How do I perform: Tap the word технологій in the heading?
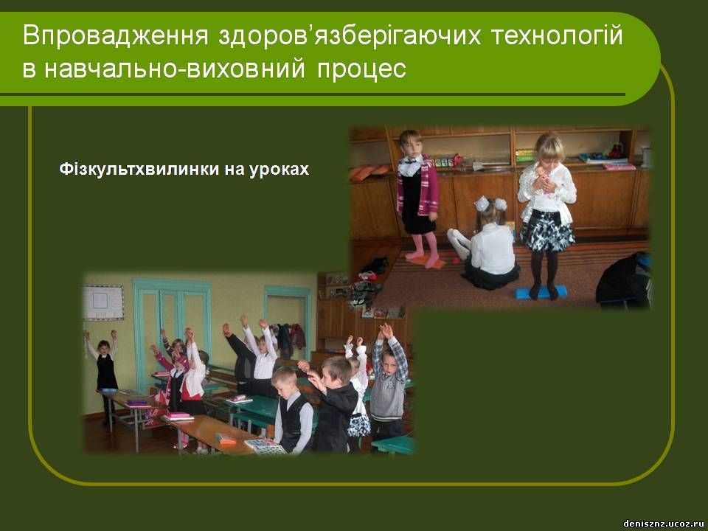(x=557, y=35)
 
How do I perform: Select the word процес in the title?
(x=361, y=69)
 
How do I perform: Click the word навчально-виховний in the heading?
(x=175, y=69)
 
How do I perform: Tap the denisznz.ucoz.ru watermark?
(x=664, y=524)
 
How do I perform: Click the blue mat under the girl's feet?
(x=541, y=292)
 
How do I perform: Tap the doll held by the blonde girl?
(x=544, y=178)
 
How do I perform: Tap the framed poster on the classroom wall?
(x=103, y=302)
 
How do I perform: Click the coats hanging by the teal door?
(x=291, y=339)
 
